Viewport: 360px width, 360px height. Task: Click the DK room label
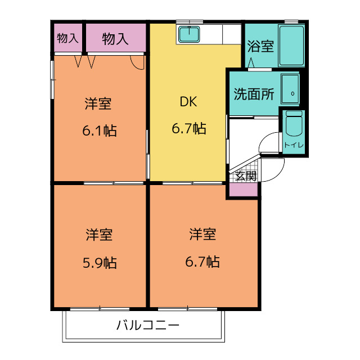[x=188, y=102]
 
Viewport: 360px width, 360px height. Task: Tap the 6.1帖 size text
[x=100, y=131]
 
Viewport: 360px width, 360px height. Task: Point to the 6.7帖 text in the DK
[x=188, y=129]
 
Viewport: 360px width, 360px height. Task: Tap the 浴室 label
[x=260, y=46]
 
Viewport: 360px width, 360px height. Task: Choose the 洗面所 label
[x=254, y=94]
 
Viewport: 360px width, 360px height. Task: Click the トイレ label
[x=294, y=145]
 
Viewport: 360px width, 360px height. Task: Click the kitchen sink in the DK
[x=190, y=35]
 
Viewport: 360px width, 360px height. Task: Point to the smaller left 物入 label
[x=67, y=38]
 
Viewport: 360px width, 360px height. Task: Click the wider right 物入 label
[x=115, y=38]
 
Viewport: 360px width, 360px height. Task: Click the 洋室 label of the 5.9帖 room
[x=100, y=233]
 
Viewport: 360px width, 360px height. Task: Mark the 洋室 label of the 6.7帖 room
[x=203, y=233]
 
